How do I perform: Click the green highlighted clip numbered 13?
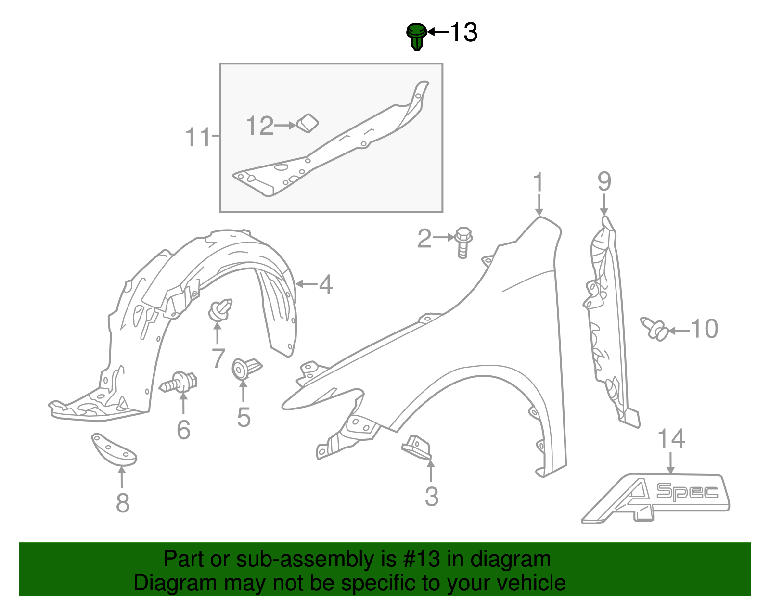(x=416, y=36)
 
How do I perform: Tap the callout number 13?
(x=463, y=33)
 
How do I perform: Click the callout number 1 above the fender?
(x=538, y=183)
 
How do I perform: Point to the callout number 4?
(x=326, y=284)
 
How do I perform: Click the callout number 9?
(x=604, y=182)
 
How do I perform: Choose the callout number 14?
(x=671, y=439)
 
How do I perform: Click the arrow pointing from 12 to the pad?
(x=285, y=126)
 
